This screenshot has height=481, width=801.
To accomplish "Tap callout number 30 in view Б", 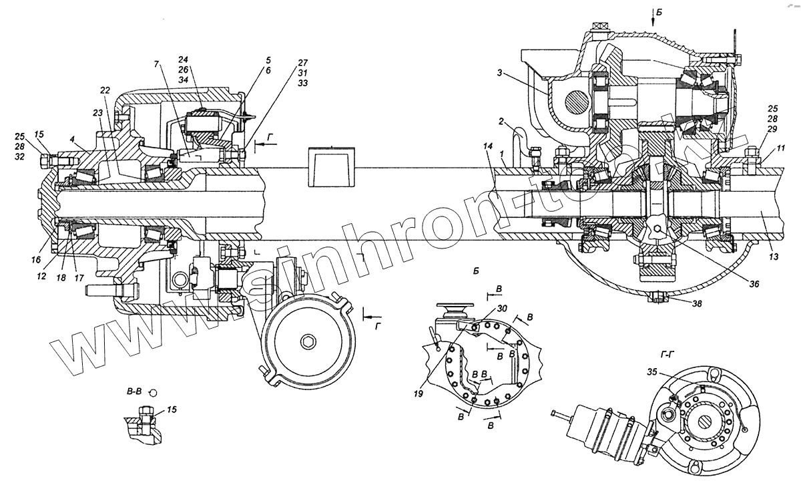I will [x=501, y=309].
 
